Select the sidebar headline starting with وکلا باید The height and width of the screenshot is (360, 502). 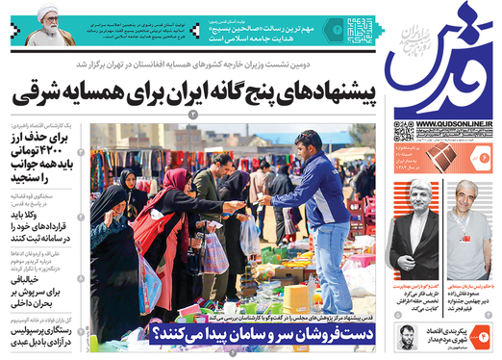[57, 223]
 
